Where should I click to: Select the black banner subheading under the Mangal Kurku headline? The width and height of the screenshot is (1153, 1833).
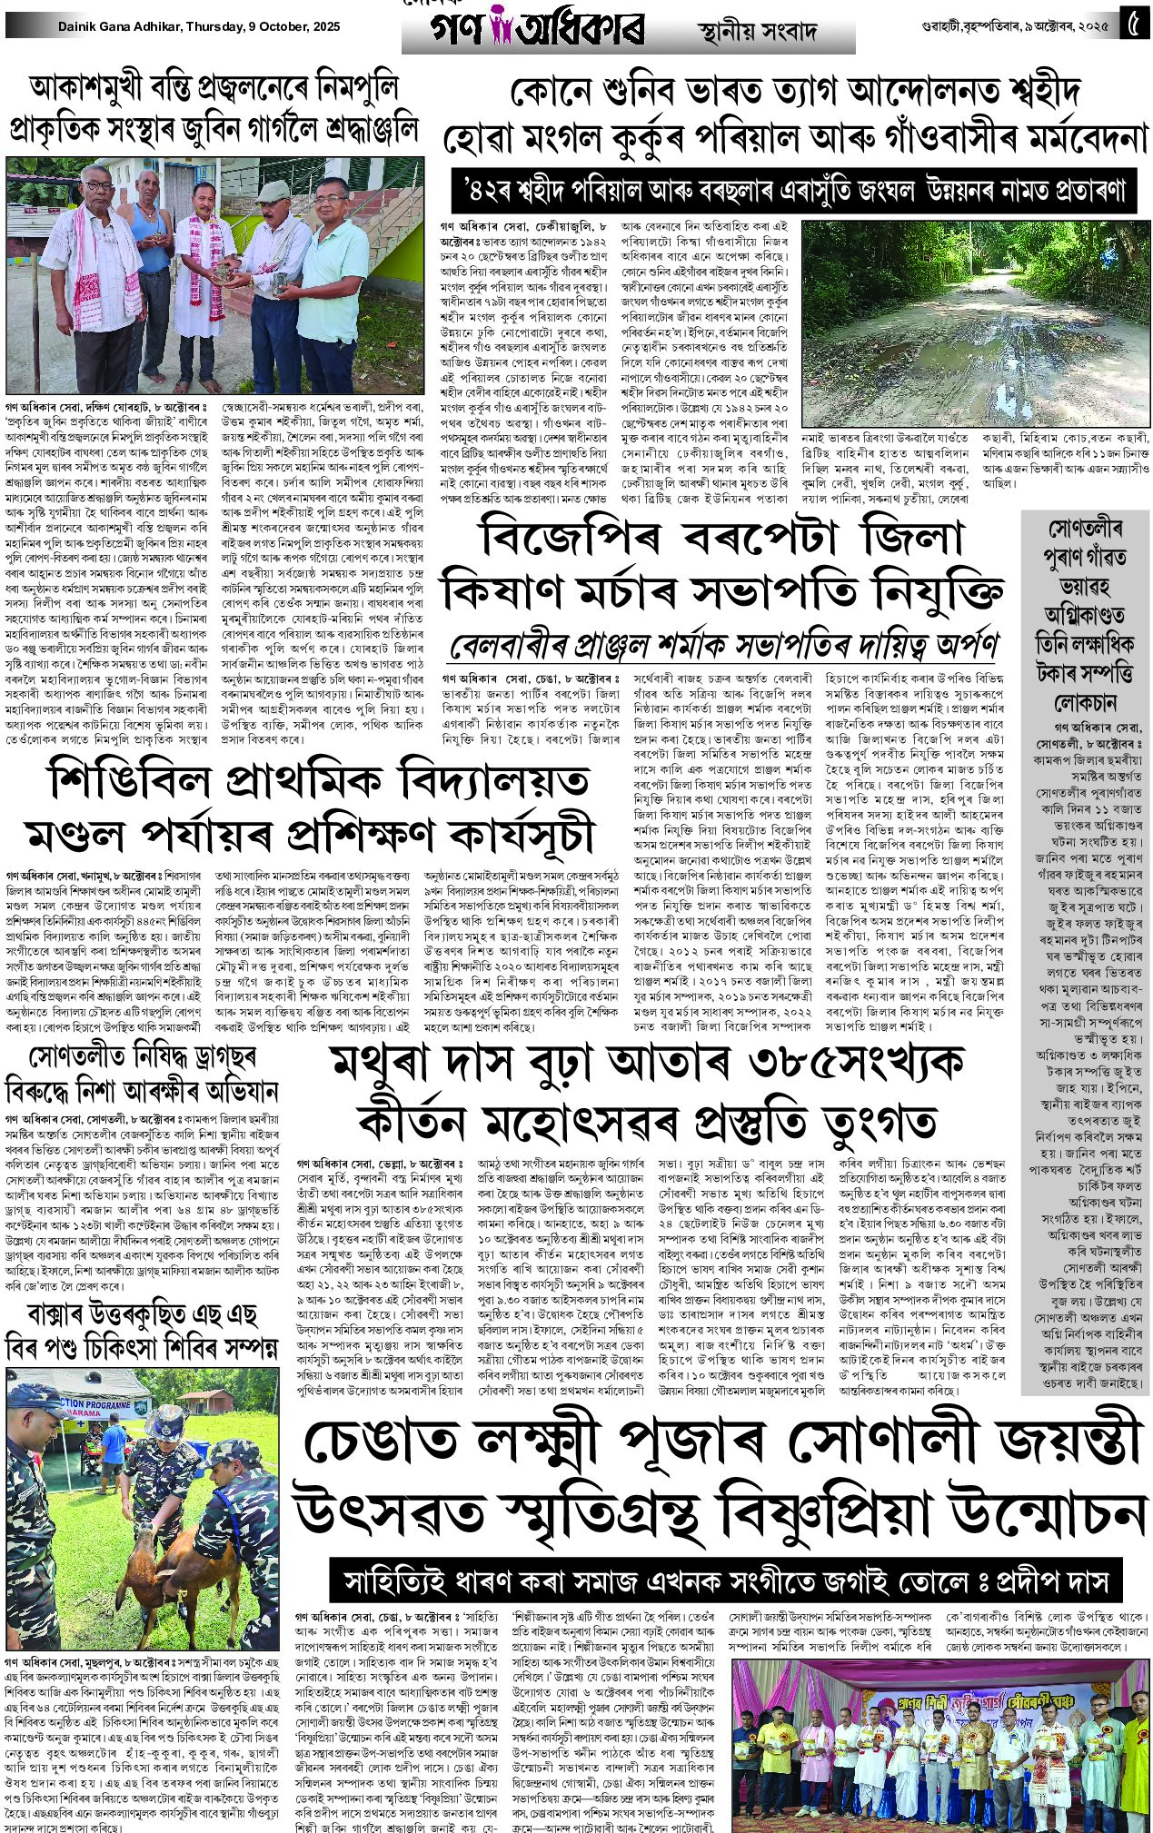tap(794, 191)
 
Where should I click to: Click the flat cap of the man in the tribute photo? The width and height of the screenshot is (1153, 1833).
tap(270, 192)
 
